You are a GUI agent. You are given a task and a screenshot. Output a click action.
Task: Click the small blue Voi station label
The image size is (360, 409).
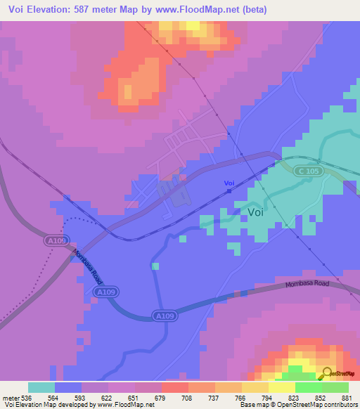point(229,183)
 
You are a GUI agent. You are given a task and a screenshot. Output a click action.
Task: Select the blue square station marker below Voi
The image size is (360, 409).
point(229,190)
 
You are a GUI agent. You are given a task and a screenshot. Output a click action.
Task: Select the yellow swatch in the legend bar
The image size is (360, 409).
point(281,387)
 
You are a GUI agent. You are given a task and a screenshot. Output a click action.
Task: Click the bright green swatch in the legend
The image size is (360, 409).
point(308,387)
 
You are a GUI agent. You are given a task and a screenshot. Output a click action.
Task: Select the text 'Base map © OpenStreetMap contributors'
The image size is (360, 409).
point(297,405)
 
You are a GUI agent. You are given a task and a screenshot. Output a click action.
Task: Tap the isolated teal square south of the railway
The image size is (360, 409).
point(155,266)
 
